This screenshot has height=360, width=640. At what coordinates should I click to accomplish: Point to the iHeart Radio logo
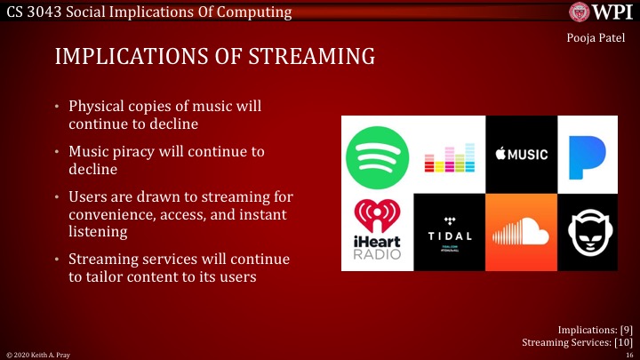tap(378, 231)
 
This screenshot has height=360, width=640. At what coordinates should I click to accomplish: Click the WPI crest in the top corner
tap(583, 12)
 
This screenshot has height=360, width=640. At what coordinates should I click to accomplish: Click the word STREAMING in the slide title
tap(308, 59)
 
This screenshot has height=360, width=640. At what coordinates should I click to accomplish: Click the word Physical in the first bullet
tap(100, 107)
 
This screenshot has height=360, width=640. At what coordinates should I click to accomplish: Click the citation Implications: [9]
tap(595, 329)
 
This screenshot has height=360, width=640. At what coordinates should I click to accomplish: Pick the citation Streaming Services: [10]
tap(575, 341)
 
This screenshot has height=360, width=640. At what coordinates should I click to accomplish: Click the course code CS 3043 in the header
tap(32, 12)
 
